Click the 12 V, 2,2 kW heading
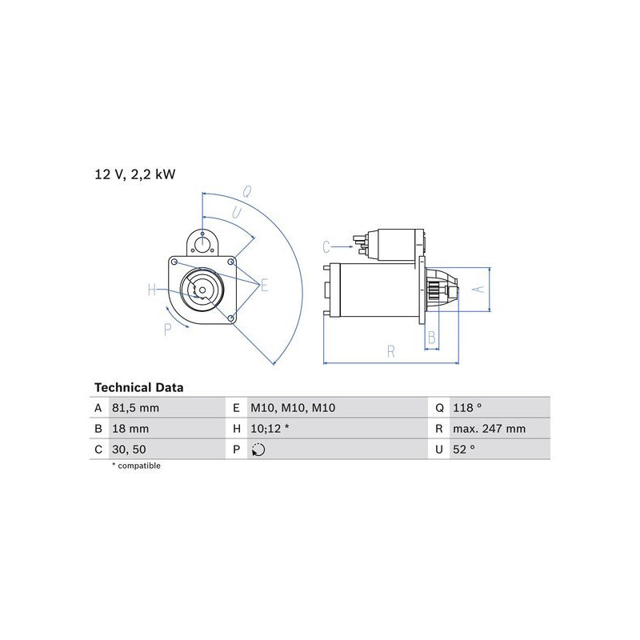(135, 174)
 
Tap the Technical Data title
(138, 387)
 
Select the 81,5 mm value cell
(135, 408)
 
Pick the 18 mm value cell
(130, 429)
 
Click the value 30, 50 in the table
(129, 450)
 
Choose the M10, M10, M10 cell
(293, 408)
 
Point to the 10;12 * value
(270, 429)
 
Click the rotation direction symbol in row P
(258, 450)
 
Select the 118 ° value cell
(467, 408)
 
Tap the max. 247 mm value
(490, 429)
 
